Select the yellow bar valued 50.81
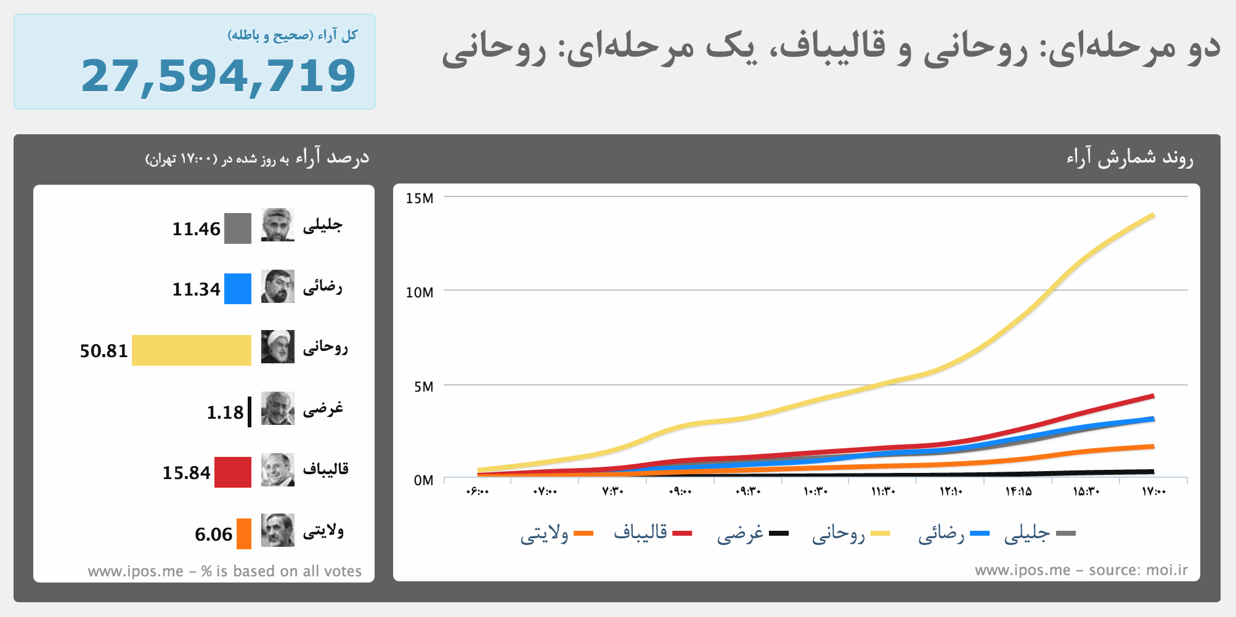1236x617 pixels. click(x=192, y=350)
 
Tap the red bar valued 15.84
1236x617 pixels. click(x=233, y=472)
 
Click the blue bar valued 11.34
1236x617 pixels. click(x=238, y=289)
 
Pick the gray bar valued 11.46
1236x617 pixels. click(x=238, y=228)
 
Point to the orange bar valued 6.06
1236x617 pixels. click(x=244, y=534)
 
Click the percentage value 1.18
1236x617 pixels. click(x=225, y=412)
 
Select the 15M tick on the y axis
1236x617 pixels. click(x=420, y=198)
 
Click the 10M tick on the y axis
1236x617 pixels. click(x=420, y=292)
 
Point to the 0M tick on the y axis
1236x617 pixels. click(x=423, y=480)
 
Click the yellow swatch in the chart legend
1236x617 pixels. click(x=880, y=533)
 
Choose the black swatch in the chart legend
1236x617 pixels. click(x=779, y=533)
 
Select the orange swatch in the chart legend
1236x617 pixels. click(x=583, y=533)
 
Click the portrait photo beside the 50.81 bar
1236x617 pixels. click(x=278, y=347)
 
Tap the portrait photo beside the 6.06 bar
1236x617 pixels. click(x=278, y=530)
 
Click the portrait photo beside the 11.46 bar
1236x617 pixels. click(x=278, y=225)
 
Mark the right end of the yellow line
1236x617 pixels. click(x=1153, y=216)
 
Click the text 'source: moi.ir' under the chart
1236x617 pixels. click(x=1138, y=570)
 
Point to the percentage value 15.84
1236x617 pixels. click(x=186, y=473)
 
